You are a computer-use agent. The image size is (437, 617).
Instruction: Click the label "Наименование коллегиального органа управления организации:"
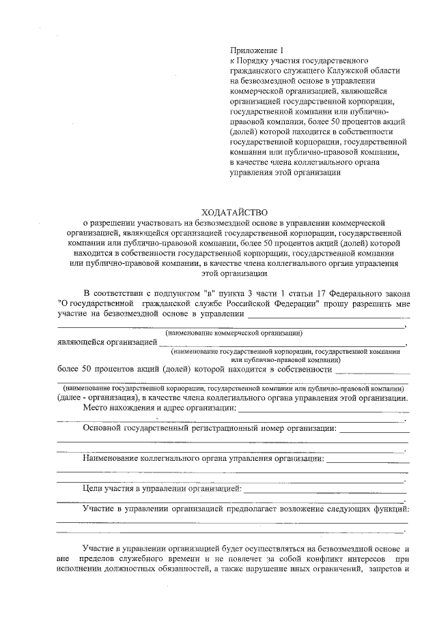203,458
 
